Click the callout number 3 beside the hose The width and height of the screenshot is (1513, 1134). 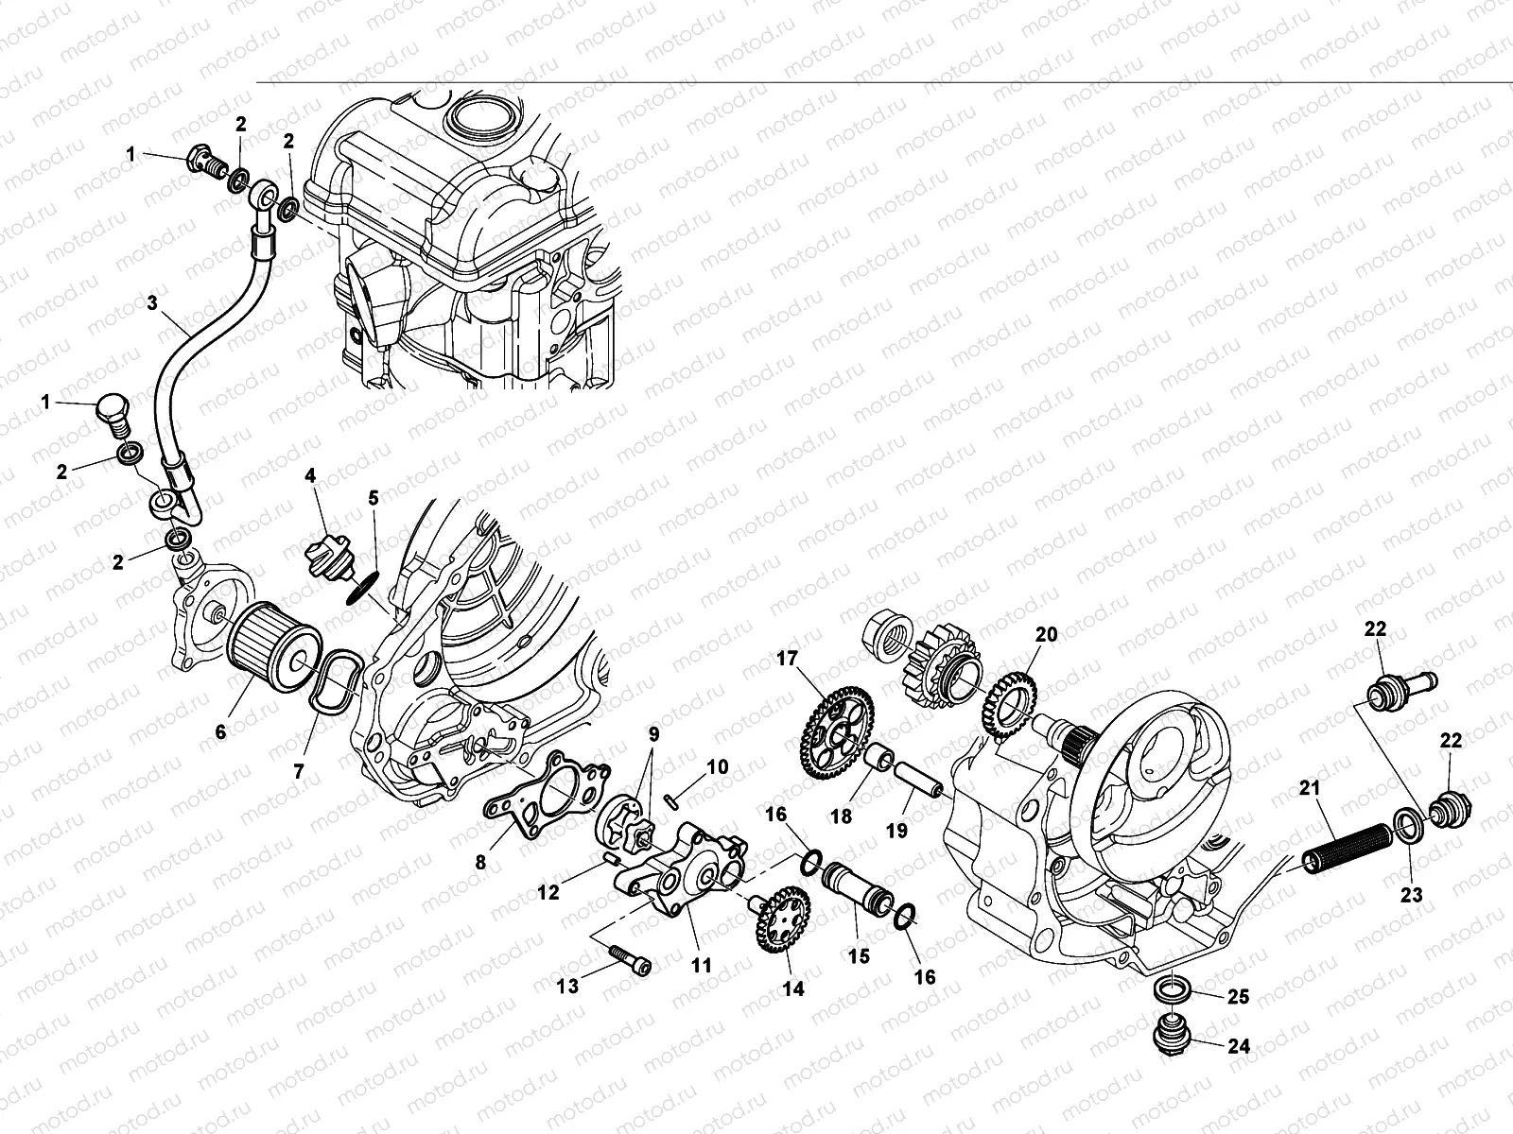(152, 303)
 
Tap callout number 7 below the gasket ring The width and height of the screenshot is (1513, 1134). (299, 771)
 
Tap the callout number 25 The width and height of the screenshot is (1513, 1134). (1238, 996)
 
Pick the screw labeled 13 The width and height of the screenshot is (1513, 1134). (631, 963)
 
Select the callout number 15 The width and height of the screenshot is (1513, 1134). (858, 956)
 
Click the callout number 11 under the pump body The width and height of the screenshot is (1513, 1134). (701, 967)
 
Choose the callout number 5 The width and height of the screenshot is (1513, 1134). (373, 497)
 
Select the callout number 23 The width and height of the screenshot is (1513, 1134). (1411, 894)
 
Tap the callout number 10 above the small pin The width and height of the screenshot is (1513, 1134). (718, 767)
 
